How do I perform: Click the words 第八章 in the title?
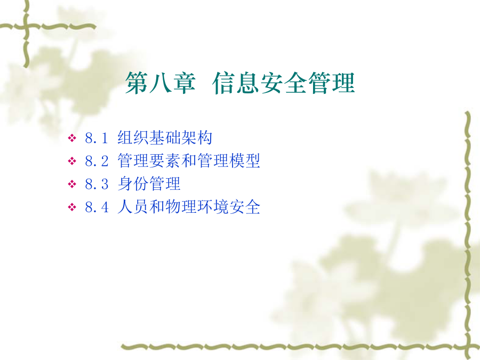pyautogui.click(x=161, y=83)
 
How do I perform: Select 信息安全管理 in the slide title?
pyautogui.click(x=284, y=83)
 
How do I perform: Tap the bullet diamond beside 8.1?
pyautogui.click(x=72, y=138)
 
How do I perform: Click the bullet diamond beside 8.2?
pyautogui.click(x=72, y=161)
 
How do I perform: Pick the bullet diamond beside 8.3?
pyautogui.click(x=72, y=184)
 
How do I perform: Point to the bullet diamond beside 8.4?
pyautogui.click(x=72, y=207)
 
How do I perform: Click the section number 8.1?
pyautogui.click(x=97, y=138)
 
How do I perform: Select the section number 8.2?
pyautogui.click(x=97, y=161)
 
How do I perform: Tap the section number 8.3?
pyautogui.click(x=97, y=185)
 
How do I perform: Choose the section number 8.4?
pyautogui.click(x=97, y=207)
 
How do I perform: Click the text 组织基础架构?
pyautogui.click(x=165, y=138)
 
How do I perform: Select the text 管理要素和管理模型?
pyautogui.click(x=189, y=161)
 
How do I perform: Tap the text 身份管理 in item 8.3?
pyautogui.click(x=149, y=183)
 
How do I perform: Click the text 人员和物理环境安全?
pyautogui.click(x=189, y=207)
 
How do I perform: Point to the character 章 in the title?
pyautogui.click(x=185, y=83)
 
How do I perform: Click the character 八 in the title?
pyautogui.click(x=161, y=83)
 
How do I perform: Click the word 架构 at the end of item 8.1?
pyautogui.click(x=196, y=138)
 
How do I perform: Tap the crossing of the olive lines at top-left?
pyautogui.click(x=26, y=27)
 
